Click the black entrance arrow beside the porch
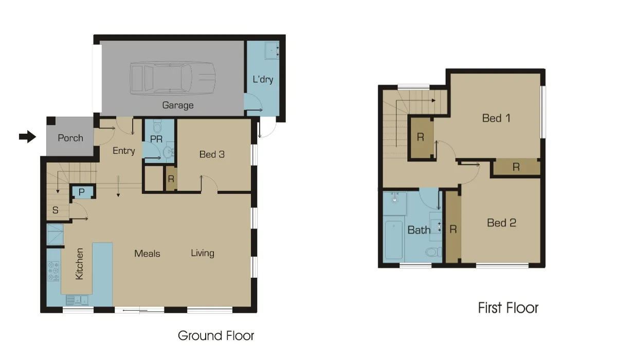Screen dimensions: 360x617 (27, 136)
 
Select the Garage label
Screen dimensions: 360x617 (178, 105)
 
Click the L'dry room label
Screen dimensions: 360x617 (262, 80)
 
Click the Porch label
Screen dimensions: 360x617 (70, 138)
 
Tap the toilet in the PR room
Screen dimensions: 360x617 (158, 127)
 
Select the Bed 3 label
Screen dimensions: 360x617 (212, 154)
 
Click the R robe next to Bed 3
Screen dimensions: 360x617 (170, 179)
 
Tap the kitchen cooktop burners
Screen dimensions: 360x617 (53, 271)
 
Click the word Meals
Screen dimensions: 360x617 (147, 254)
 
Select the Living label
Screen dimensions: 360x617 (203, 253)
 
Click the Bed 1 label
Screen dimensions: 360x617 (496, 118)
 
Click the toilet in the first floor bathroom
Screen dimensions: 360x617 (433, 253)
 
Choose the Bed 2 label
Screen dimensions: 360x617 (501, 223)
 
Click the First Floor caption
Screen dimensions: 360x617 (508, 308)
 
